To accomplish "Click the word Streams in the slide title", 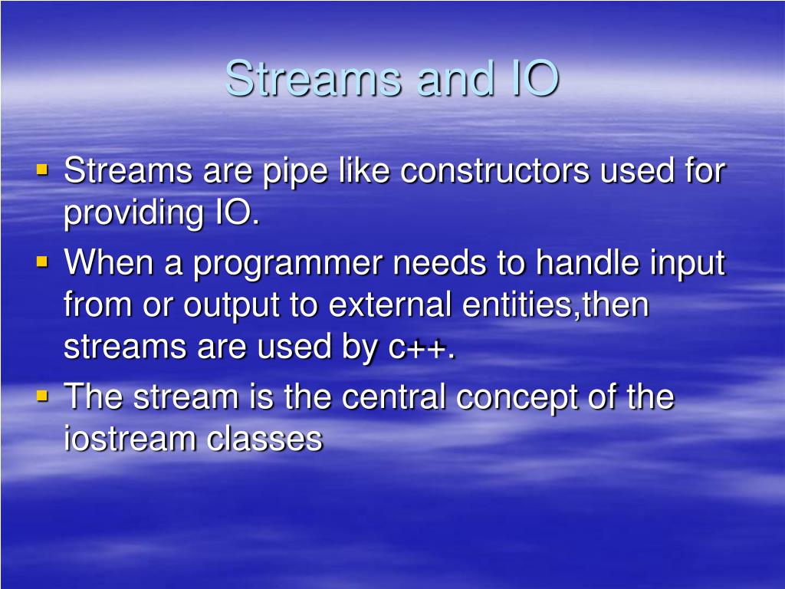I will click(314, 79).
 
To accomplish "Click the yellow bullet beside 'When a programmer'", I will click(42, 262).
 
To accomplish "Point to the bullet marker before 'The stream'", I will click(42, 395).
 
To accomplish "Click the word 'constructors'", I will click(495, 171).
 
